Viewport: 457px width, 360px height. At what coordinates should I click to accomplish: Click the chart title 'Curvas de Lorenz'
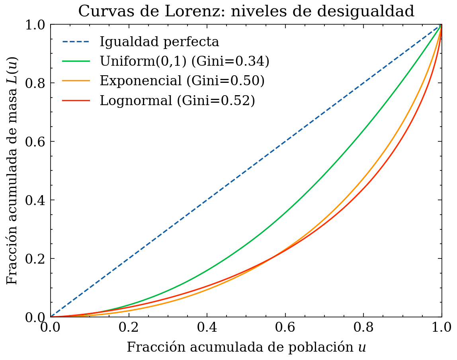pyautogui.click(x=246, y=11)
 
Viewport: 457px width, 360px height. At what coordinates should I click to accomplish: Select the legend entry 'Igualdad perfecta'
pyautogui.click(x=159, y=41)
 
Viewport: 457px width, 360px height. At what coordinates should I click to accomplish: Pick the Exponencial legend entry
pyautogui.click(x=182, y=81)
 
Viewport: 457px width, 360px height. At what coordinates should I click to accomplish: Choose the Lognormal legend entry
pyautogui.click(x=177, y=100)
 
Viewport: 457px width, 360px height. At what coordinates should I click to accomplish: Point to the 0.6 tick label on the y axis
pyautogui.click(x=35, y=142)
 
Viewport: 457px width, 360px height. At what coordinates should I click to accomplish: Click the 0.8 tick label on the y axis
pyautogui.click(x=35, y=83)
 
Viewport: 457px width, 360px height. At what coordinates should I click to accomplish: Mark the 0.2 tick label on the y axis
pyautogui.click(x=35, y=259)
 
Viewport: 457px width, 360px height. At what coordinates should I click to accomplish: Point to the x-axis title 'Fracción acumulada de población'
pyautogui.click(x=246, y=347)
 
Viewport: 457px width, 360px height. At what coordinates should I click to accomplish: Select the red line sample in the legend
pyautogui.click(x=76, y=100)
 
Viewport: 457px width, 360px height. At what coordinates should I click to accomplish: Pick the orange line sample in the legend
pyautogui.click(x=76, y=81)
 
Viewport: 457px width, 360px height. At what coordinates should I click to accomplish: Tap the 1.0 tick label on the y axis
pyautogui.click(x=35, y=25)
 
